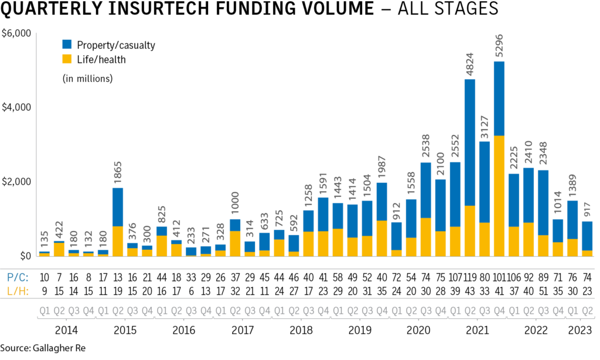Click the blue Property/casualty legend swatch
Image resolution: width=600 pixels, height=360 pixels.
(67, 44)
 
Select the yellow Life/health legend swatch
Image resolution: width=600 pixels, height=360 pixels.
(67, 59)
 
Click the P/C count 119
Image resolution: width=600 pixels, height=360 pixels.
(469, 277)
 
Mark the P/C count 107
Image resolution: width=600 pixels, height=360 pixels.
(454, 277)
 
